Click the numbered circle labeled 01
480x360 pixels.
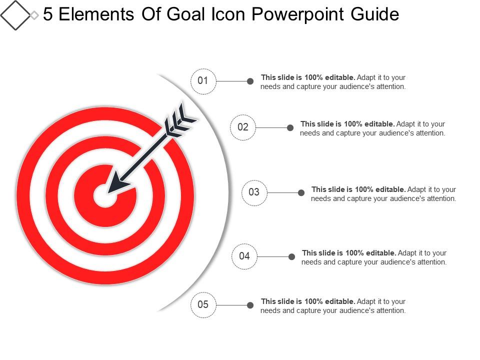[203, 81]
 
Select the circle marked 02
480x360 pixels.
[243, 127]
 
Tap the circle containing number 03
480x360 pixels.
[254, 192]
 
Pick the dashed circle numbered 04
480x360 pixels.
[244, 256]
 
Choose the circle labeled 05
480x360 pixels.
[203, 304]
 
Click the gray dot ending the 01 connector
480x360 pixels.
[250, 81]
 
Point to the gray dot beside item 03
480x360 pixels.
[301, 192]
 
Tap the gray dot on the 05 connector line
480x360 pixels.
[250, 304]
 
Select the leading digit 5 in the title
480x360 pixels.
[48, 14]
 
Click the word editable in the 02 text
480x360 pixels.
[379, 124]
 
